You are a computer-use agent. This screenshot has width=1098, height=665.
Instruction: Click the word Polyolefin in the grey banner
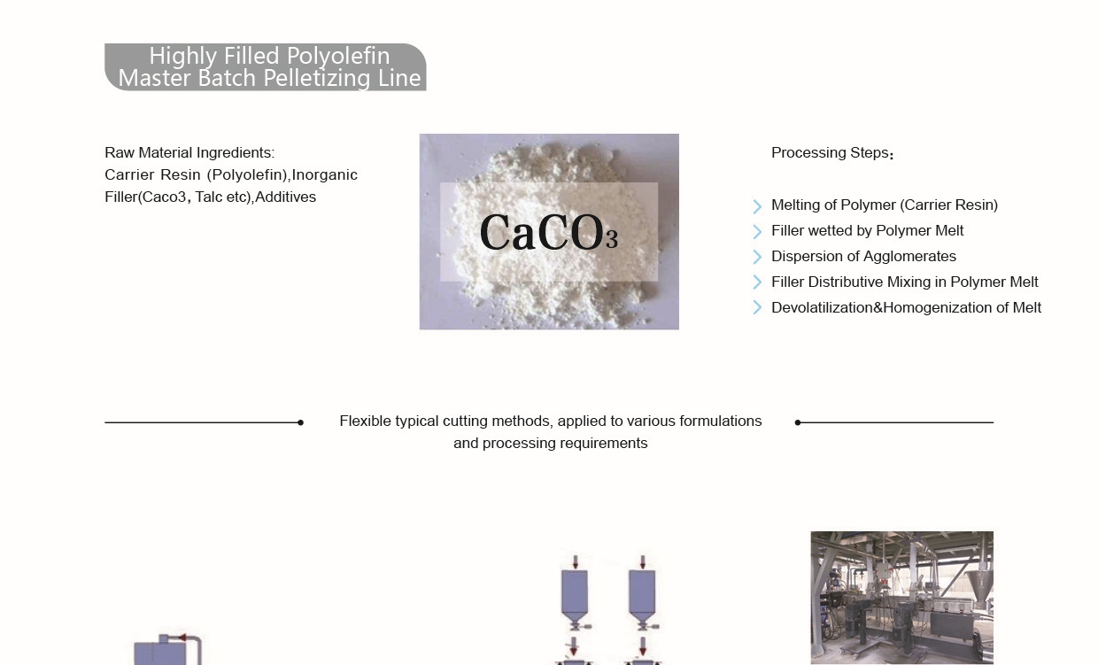point(338,57)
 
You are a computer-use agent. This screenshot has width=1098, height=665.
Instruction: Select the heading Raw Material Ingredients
point(189,153)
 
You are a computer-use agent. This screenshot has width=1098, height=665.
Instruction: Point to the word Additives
point(286,197)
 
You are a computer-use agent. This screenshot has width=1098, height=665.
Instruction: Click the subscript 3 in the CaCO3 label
point(612,240)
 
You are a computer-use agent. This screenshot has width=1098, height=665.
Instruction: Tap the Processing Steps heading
point(831,153)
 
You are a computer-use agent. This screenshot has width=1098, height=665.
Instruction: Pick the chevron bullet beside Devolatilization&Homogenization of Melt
point(757,308)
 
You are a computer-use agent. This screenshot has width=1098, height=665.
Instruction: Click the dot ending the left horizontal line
point(300,422)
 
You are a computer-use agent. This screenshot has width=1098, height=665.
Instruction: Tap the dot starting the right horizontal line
point(798,422)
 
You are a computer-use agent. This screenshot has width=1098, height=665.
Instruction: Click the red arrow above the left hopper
point(576,561)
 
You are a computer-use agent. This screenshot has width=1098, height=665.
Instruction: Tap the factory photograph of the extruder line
point(902,598)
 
